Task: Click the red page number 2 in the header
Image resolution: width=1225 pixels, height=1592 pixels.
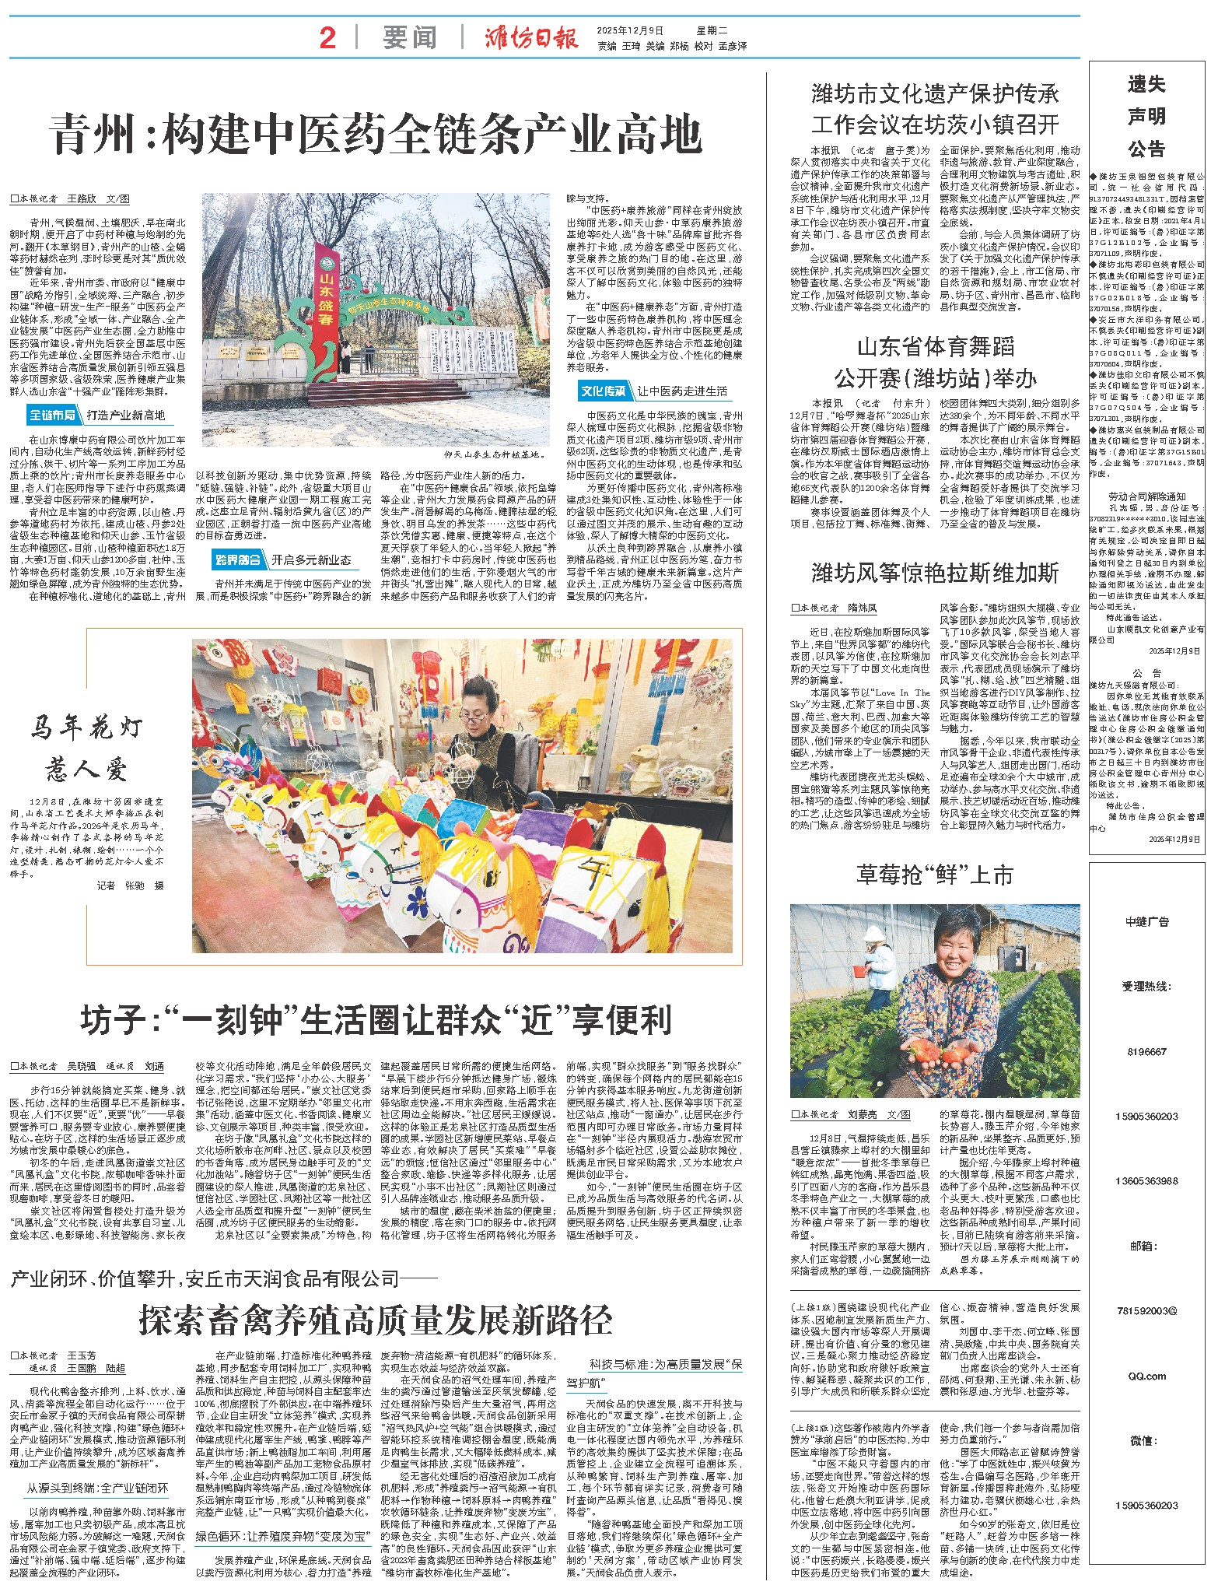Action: [x=327, y=37]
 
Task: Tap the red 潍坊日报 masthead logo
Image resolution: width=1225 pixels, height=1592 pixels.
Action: [x=531, y=37]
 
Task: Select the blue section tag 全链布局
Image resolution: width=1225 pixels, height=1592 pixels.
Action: [x=53, y=415]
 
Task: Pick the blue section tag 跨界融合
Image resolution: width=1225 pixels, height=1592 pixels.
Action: [x=238, y=559]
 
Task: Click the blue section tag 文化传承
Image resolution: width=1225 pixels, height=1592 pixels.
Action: [x=604, y=391]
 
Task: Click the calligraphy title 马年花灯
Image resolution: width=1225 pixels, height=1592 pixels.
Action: [x=86, y=727]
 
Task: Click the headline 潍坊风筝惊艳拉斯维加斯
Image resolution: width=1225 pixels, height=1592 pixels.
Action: [x=934, y=573]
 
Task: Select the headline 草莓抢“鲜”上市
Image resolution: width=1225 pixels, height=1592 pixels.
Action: [x=934, y=875]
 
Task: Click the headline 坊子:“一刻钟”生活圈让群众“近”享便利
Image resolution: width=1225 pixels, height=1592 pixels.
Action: [x=376, y=1019]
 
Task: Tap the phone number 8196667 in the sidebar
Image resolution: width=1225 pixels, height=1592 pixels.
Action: [x=1146, y=1051]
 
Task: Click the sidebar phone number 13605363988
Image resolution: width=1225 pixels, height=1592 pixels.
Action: [x=1146, y=1180]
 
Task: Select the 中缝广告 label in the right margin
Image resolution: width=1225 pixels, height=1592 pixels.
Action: [x=1146, y=922]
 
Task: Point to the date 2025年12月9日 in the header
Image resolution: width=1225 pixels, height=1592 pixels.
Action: [x=630, y=30]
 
